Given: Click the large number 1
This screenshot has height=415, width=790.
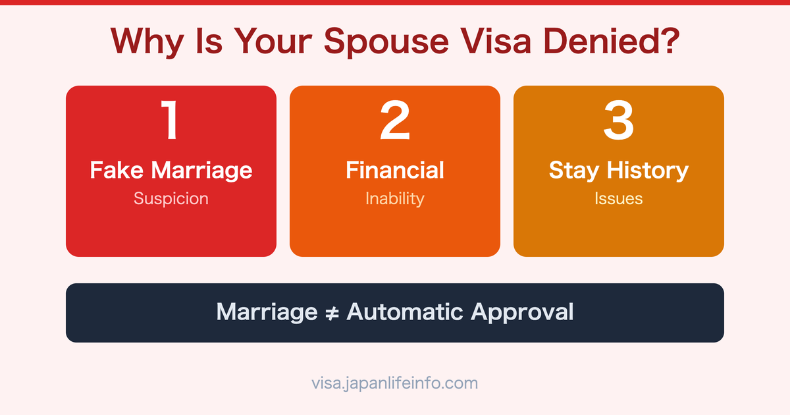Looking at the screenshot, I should pos(171,121).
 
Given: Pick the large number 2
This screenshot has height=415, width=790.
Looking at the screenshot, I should pos(395,121).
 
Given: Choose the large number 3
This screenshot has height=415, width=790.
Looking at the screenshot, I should pos(619,121).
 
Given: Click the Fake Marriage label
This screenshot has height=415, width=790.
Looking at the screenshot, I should pos(171,170).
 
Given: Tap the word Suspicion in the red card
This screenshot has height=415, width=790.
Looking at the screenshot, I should pos(171,198).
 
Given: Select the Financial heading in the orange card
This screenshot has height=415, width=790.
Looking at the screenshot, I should pos(395,170).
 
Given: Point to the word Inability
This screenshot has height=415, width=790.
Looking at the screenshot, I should pos(395,198).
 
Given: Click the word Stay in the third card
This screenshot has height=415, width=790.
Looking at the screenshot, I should pos(575,170).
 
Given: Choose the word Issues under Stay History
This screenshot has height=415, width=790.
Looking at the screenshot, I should pos(619,198).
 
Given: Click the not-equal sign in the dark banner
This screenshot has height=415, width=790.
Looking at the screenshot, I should pos(332,312).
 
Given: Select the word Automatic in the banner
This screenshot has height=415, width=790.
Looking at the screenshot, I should pos(404,312).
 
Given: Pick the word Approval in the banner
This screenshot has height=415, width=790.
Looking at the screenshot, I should pos(521,312).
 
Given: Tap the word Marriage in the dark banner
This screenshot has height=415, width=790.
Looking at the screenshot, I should pos(267,312).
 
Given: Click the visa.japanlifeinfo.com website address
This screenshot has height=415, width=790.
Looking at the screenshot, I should pos(395,383).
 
